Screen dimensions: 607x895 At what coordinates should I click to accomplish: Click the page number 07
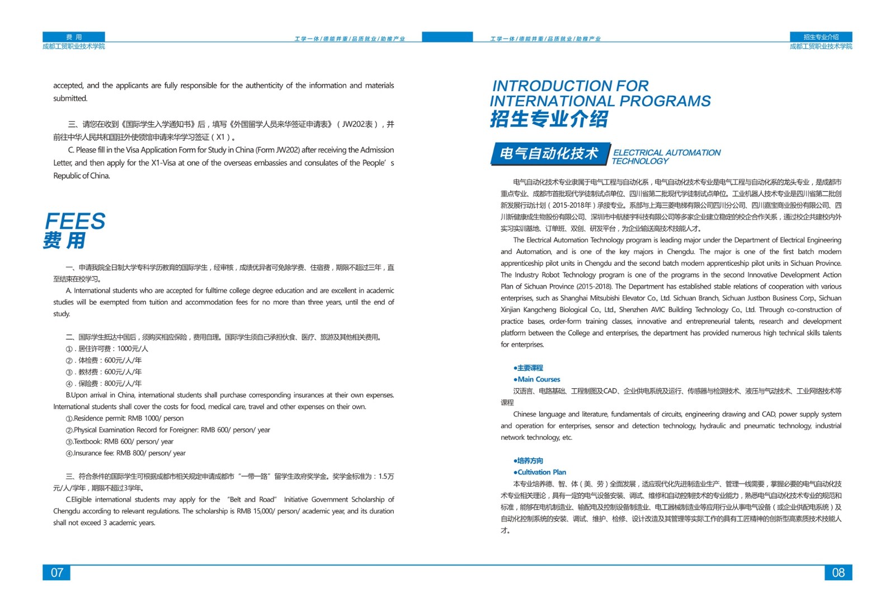click(56, 572)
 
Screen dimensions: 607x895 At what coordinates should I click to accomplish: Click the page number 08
click(838, 572)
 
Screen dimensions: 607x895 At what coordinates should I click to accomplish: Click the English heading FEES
click(75, 222)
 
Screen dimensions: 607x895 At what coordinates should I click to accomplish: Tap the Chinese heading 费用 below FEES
click(64, 241)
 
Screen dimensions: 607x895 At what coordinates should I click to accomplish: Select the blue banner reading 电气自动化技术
click(549, 154)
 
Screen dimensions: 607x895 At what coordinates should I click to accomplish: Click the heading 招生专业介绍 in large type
click(549, 119)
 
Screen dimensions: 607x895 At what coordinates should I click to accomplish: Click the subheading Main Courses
click(538, 379)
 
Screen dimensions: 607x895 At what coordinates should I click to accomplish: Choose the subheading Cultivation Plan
click(541, 472)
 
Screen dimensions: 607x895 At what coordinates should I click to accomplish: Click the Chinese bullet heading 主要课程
click(529, 368)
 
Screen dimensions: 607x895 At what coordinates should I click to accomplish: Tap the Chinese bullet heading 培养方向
click(529, 460)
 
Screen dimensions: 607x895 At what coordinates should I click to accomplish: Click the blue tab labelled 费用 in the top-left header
click(74, 37)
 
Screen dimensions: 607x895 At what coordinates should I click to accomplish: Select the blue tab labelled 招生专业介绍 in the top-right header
click(821, 37)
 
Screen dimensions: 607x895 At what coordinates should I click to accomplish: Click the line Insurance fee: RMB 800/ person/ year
click(129, 453)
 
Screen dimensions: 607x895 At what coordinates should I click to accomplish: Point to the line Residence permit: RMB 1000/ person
click(128, 418)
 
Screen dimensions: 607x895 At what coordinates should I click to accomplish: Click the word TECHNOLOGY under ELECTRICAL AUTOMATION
click(640, 162)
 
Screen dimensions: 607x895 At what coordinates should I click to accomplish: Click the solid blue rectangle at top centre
click(447, 37)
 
